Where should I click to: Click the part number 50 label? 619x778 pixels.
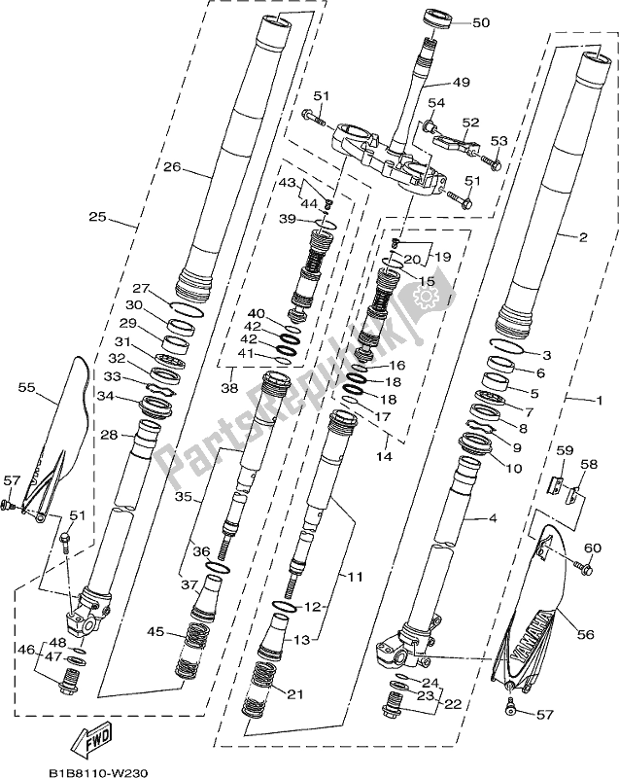[481, 22]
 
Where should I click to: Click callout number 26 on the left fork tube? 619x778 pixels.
[173, 167]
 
